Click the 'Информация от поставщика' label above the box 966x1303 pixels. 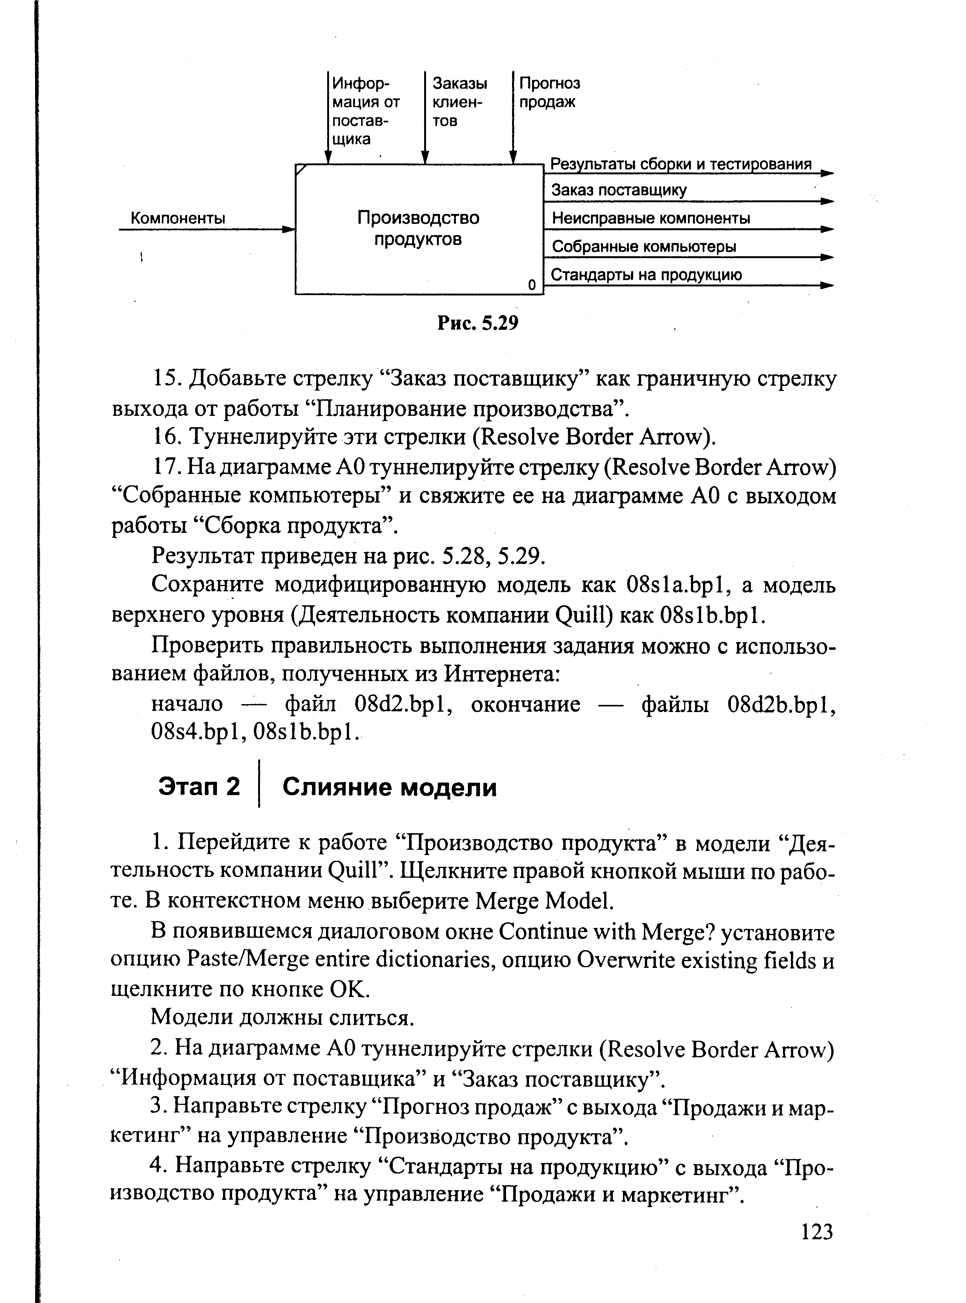(x=366, y=111)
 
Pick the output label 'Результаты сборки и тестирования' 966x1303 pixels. (x=681, y=164)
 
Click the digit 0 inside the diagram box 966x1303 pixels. (x=532, y=285)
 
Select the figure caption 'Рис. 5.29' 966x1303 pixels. (x=478, y=323)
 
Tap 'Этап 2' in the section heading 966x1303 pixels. (x=199, y=787)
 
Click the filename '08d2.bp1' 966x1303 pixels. (x=401, y=703)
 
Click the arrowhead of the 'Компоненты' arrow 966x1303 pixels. (x=289, y=229)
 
